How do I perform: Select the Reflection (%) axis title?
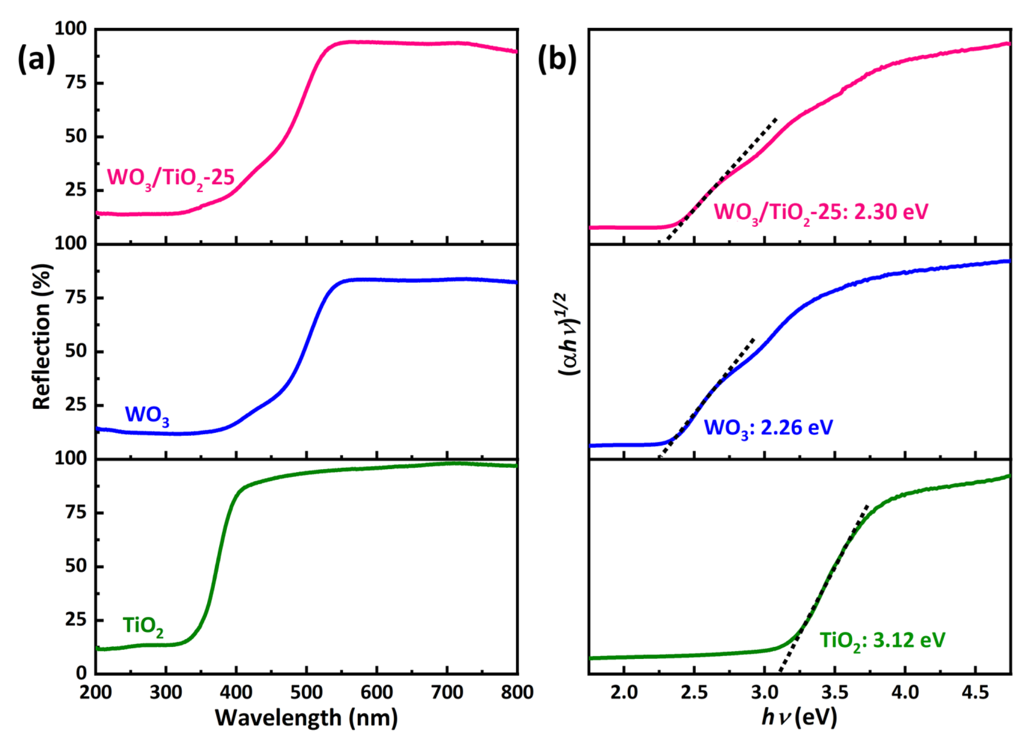(42, 336)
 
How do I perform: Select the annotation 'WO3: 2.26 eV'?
(768, 428)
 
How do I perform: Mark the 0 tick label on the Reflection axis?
(82, 673)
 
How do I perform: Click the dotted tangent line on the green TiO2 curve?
(822, 590)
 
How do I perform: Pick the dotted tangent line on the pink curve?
(722, 177)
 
